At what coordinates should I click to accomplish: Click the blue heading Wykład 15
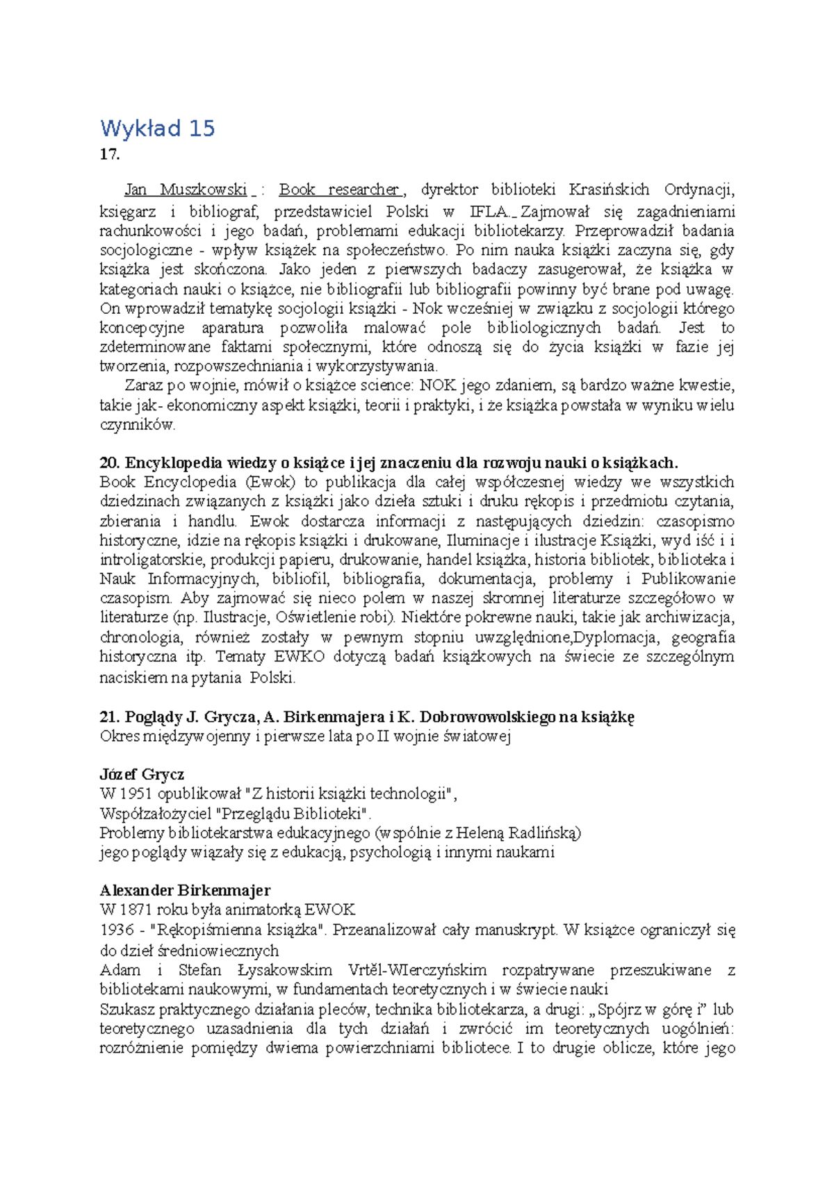click(158, 128)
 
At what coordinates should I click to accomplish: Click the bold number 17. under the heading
click(110, 154)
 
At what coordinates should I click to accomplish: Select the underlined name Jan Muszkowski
click(186, 190)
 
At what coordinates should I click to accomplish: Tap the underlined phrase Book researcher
click(338, 190)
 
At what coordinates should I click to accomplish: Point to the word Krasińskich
click(609, 190)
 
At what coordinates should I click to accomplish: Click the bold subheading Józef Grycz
click(142, 774)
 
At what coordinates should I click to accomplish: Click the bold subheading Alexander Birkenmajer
click(185, 890)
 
